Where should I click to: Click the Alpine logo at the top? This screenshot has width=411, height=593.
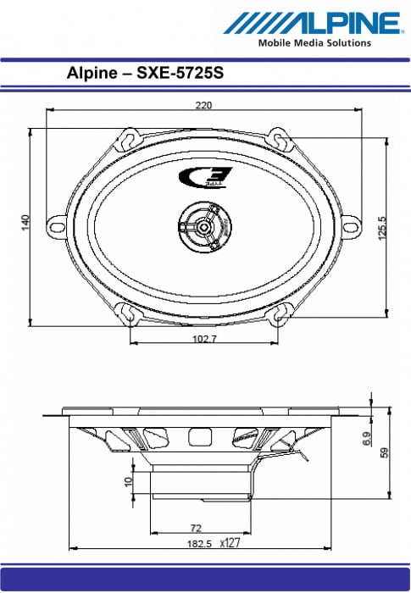tap(312, 23)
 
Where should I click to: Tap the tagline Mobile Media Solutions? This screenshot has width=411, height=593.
tap(314, 43)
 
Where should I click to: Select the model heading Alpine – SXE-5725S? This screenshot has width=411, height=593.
tap(145, 73)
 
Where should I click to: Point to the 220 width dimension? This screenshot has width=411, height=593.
tap(203, 105)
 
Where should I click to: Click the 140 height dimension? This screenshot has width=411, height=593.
tap(25, 222)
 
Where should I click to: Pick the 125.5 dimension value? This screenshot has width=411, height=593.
tap(382, 228)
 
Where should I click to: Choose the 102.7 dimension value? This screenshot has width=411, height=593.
tap(204, 339)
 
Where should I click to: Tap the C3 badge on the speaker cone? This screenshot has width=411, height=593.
tap(205, 177)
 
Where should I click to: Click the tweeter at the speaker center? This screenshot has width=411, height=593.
tap(205, 226)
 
